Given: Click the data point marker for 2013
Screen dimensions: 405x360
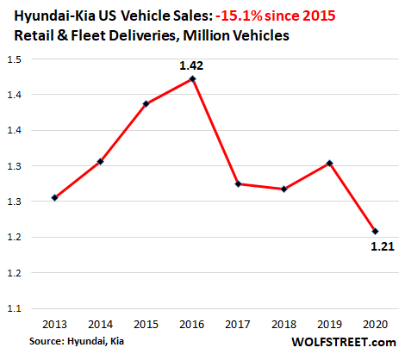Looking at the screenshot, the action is [x=54, y=197].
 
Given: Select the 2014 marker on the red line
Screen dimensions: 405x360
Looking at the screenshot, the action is [x=100, y=162].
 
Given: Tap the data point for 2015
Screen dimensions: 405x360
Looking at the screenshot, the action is [x=146, y=103].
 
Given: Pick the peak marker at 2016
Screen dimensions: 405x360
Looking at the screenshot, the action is [x=192, y=79].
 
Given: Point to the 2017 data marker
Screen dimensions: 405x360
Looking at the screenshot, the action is [x=238, y=184].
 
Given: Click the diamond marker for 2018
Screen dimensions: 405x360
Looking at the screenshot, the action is [x=283, y=189].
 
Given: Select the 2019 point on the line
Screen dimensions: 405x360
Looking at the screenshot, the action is [x=330, y=164].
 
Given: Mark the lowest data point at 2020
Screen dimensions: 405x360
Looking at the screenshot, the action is [x=375, y=232].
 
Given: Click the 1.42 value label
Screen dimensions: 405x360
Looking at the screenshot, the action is [x=191, y=65].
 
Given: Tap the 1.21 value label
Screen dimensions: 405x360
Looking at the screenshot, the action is [x=383, y=246].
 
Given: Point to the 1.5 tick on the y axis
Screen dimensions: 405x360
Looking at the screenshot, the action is [x=15, y=59].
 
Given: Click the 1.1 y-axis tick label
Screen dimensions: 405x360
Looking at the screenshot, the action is [x=15, y=308].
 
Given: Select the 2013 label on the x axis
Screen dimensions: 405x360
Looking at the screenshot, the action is [x=54, y=325].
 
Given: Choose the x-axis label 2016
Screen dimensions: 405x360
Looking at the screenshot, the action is [x=192, y=325].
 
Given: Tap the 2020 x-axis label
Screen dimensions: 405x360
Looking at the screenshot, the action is [x=376, y=325].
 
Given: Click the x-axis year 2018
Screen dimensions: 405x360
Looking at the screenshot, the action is [x=283, y=325].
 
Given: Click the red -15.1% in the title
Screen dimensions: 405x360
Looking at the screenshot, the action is [x=239, y=16].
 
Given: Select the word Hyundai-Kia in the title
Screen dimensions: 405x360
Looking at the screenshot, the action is [x=54, y=16].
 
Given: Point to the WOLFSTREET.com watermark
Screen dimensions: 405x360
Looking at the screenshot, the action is [x=344, y=342].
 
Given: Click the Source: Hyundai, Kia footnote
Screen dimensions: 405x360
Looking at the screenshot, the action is [x=77, y=341].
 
